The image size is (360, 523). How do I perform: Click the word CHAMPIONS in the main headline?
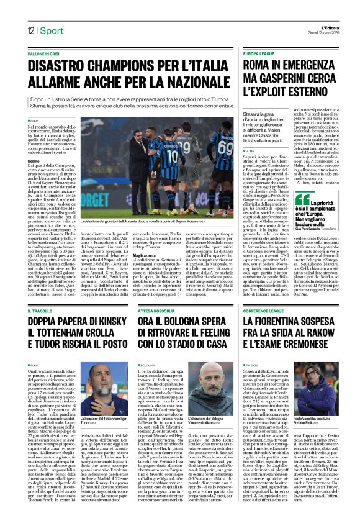point(110,66)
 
